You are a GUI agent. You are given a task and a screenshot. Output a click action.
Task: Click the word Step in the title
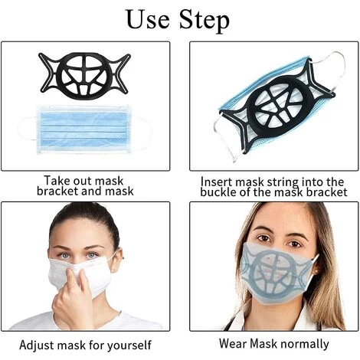pos(204,20)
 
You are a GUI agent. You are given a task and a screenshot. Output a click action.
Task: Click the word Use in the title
pos(148,19)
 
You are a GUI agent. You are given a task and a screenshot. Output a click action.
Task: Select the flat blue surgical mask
pos(84,129)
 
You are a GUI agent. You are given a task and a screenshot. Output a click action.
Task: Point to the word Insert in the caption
pos(217,182)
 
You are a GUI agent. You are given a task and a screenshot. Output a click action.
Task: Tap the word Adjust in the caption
pos(37,345)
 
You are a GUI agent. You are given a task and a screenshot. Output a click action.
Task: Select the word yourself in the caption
pos(129,345)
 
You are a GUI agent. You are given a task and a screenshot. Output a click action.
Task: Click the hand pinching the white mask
pos(72,297)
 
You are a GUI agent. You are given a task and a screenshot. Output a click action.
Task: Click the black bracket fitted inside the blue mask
pos(278,107)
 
